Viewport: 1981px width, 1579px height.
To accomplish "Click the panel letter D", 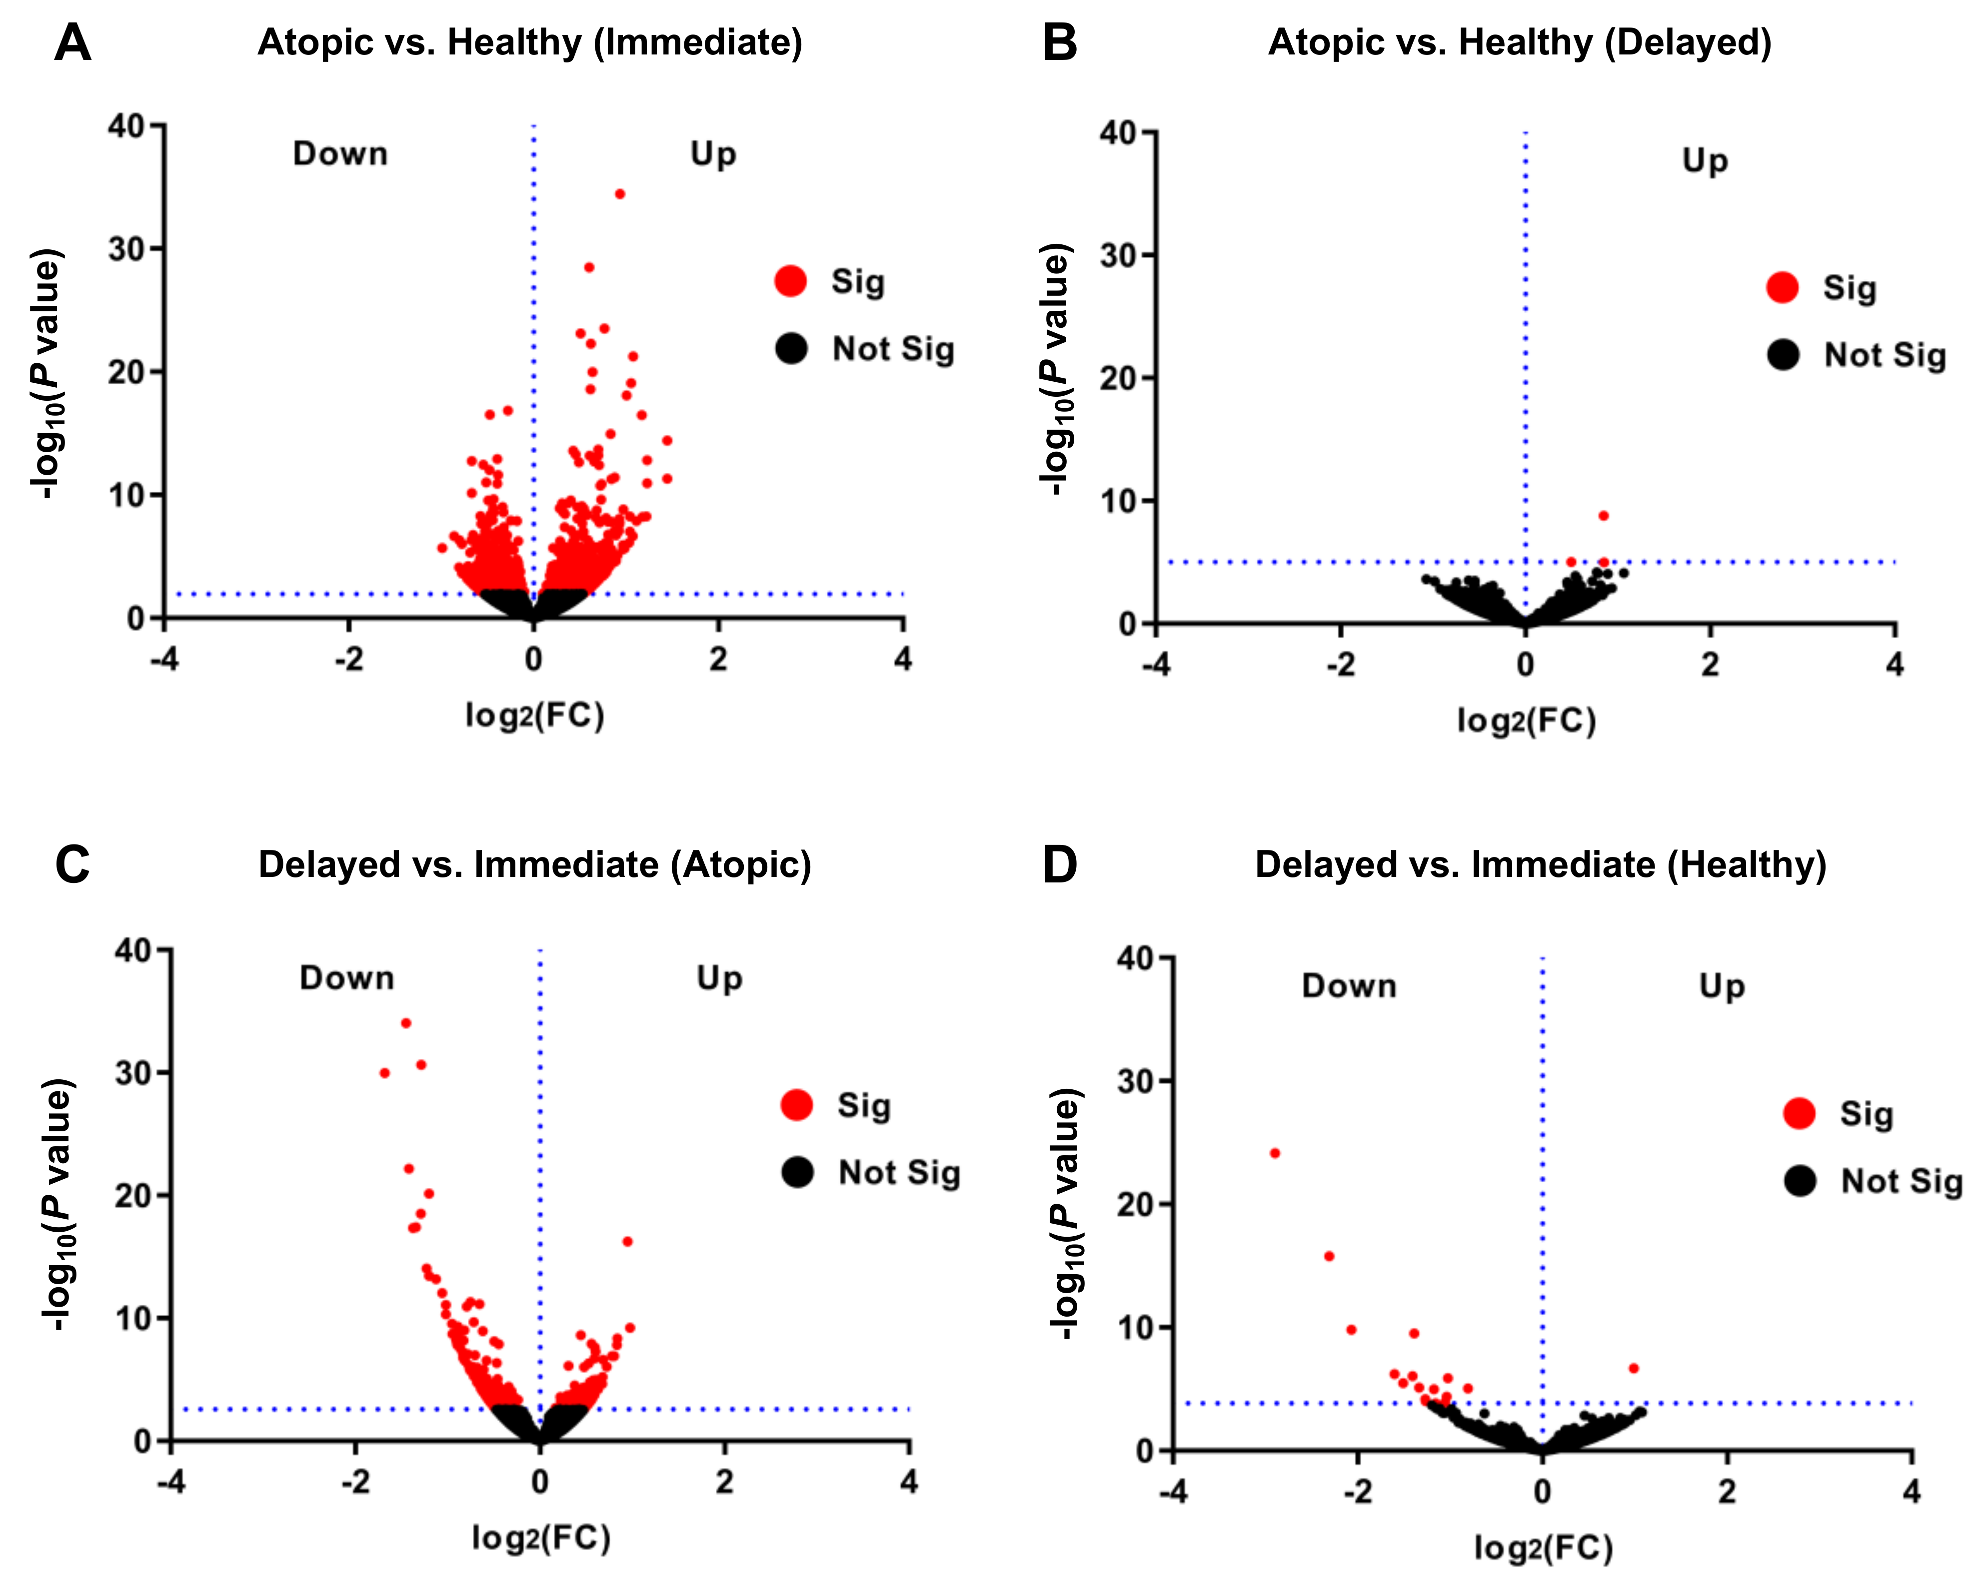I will (1059, 865).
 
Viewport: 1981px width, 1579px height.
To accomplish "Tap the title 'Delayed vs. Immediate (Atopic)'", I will (535, 865).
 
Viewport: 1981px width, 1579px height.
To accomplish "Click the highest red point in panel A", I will (620, 194).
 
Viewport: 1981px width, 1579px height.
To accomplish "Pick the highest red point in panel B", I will (1604, 515).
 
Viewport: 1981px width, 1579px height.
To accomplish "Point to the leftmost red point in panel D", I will (1274, 1153).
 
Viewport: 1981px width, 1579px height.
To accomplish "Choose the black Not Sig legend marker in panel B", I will (1783, 355).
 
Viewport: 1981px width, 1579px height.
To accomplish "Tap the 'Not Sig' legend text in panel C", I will (900, 1173).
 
